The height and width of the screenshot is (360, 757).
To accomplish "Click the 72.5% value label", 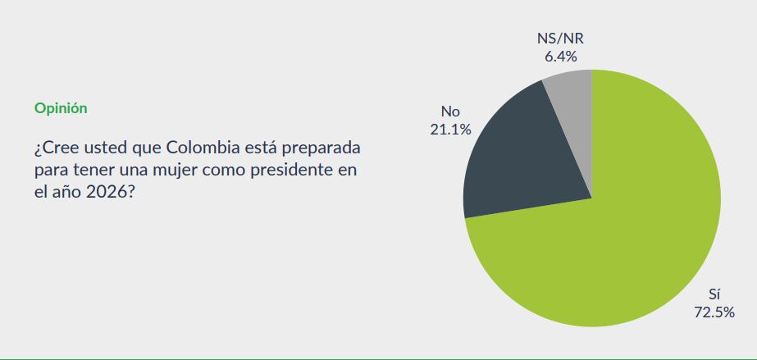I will pyautogui.click(x=713, y=312).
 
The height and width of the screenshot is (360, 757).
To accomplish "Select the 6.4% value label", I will pyautogui.click(x=561, y=57).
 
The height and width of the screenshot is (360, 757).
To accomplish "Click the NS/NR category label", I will pyautogui.click(x=561, y=39).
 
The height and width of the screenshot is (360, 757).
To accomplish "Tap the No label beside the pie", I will pyautogui.click(x=450, y=111).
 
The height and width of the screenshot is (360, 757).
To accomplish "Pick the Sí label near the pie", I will pyautogui.click(x=714, y=294).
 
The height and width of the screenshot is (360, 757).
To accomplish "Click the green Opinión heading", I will pyautogui.click(x=61, y=108).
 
